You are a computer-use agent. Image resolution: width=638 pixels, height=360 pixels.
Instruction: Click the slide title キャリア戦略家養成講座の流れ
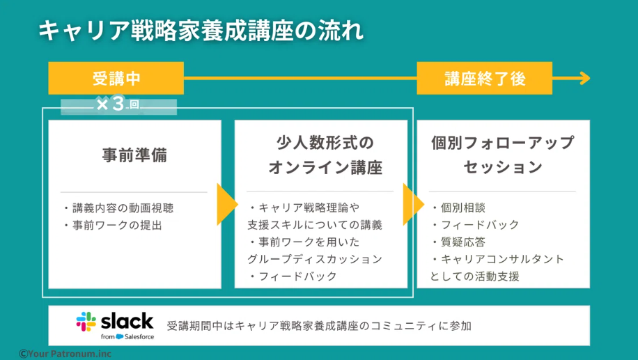[201, 31]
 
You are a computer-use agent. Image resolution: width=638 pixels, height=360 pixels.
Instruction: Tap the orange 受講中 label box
[116, 79]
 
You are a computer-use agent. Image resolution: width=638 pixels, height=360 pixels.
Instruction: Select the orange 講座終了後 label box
[484, 79]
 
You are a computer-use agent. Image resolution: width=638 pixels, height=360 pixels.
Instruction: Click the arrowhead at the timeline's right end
[582, 79]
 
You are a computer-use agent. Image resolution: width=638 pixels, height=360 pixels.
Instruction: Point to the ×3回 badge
[118, 105]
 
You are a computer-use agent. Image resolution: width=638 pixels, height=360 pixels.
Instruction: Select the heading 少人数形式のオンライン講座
[320, 155]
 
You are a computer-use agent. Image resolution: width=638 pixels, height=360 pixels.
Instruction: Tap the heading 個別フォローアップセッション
[502, 155]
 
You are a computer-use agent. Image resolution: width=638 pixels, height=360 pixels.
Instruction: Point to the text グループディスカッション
[314, 259]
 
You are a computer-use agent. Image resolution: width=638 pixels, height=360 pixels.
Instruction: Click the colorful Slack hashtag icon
[86, 322]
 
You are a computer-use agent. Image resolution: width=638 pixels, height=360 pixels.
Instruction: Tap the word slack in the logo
[127, 320]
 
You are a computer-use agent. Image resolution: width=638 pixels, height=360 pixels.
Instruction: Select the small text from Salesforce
[127, 337]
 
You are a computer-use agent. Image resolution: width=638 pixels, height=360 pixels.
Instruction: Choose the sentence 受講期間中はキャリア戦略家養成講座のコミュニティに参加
[319, 326]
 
